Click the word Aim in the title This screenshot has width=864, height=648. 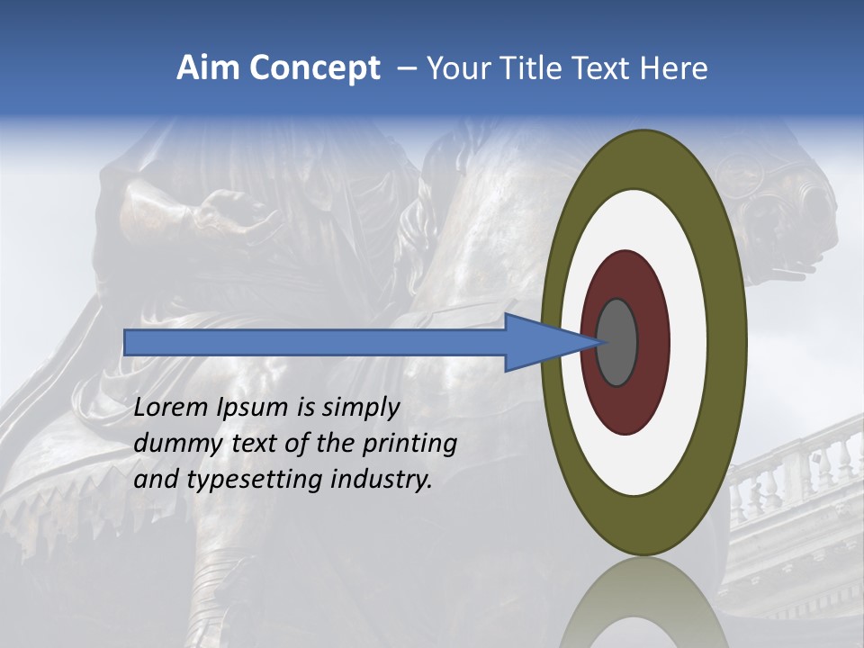pos(208,68)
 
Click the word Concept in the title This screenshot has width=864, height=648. pos(314,68)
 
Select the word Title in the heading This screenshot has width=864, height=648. pos(535,68)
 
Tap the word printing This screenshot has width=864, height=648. pos(409,444)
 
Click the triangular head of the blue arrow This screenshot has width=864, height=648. pos(540,342)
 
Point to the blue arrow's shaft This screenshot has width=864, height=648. pos(315,342)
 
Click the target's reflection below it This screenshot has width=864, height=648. pos(643,603)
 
